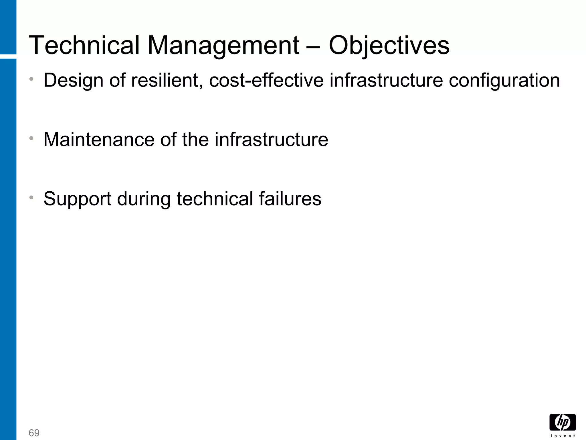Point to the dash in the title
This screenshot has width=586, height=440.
pos(314,46)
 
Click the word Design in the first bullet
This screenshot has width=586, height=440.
pos(73,80)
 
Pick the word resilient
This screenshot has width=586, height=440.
pos(165,80)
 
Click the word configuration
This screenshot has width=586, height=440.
pos(504,80)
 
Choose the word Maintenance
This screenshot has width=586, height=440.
pos(99,140)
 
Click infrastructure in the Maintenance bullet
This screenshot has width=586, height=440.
pos(271,140)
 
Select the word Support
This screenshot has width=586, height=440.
pos(77,199)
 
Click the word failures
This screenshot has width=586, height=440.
pos(290,199)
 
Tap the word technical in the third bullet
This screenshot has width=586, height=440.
pos(215,199)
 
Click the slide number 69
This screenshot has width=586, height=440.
pos(34,433)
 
